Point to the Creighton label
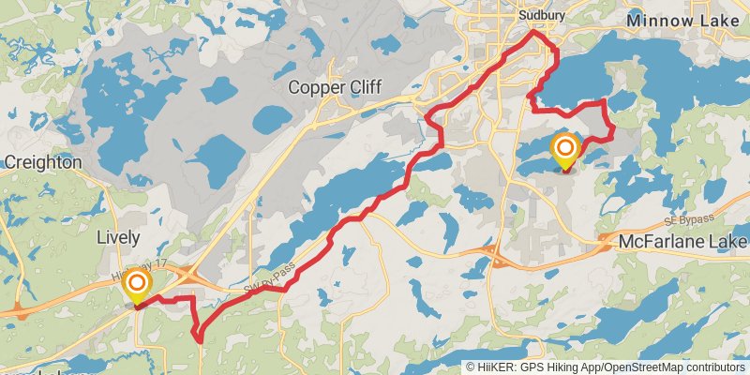42,162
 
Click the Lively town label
118,237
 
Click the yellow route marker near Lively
137,284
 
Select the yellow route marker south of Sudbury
565,150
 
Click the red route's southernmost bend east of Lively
199,339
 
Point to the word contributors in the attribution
714,367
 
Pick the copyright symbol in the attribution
472,367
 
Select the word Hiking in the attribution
566,367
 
